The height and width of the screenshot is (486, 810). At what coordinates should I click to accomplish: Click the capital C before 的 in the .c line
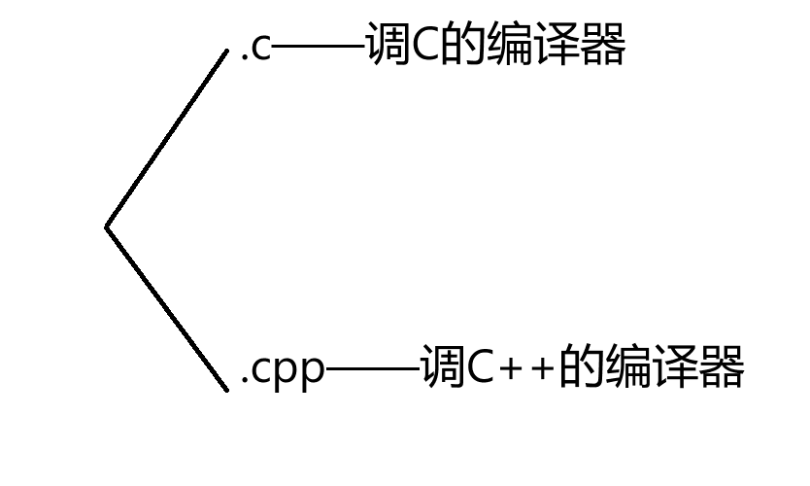[426, 47]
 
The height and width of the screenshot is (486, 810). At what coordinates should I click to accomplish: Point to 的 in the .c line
[463, 46]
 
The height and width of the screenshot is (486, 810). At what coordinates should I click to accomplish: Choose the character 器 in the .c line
[603, 46]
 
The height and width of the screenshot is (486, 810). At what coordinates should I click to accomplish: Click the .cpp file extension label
[282, 370]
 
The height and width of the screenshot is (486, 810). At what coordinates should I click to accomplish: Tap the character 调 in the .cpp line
[443, 367]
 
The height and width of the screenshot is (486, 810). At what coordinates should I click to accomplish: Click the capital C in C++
[483, 369]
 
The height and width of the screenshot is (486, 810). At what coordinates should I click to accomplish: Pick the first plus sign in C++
[512, 370]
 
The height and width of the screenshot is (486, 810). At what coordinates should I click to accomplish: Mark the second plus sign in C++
[541, 370]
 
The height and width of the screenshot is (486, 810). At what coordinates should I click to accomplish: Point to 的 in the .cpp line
[581, 367]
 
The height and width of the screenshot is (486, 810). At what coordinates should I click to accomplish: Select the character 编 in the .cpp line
[627, 367]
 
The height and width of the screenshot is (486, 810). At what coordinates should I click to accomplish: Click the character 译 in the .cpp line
[675, 367]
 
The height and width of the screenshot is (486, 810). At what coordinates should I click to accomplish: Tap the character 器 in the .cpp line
[722, 367]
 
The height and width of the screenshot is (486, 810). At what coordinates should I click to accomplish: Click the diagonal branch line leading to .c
[166, 139]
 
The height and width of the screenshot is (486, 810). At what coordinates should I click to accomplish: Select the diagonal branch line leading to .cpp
[166, 308]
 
